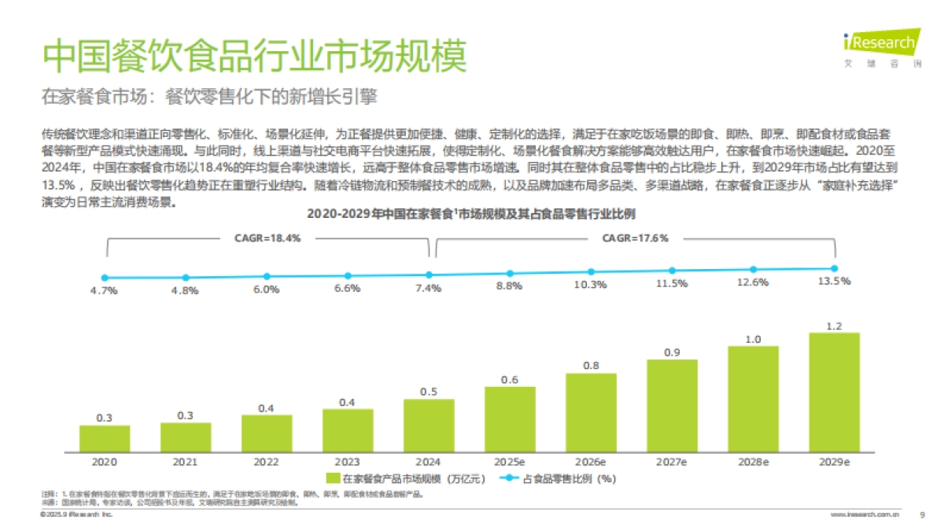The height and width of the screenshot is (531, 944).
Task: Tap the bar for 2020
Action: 105,438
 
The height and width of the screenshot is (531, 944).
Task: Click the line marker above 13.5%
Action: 834,268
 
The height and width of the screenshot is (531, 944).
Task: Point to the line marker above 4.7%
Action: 105,278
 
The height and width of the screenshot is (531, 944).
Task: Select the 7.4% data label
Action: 429,289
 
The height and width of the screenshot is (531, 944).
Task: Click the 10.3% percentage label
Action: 590,285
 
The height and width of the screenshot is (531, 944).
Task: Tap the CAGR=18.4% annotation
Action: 267,238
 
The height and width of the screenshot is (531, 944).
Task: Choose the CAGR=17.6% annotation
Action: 635,238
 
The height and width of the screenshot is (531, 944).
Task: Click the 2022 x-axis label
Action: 267,462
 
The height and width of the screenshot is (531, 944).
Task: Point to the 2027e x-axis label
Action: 672,462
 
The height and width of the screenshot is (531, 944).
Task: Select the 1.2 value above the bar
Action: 834,326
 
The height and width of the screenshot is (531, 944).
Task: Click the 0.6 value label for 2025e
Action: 510,380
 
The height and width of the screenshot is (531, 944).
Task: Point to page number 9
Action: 922,514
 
